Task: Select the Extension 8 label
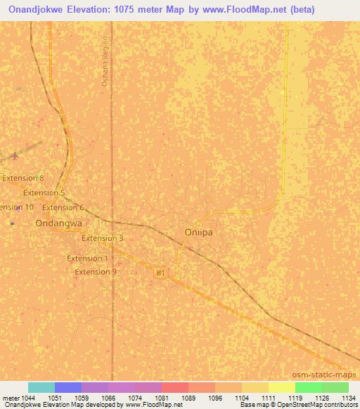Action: click(22, 178)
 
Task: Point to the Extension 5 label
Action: click(44, 193)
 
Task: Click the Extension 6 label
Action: click(63, 207)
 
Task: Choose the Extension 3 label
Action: click(102, 238)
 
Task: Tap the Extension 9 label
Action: click(96, 272)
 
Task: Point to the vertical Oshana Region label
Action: click(105, 61)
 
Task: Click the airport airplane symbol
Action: click(15, 156)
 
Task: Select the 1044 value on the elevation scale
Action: click(28, 398)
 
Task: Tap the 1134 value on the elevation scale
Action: click(348, 398)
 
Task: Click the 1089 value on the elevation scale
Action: click(188, 398)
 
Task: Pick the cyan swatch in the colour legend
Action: click(41, 387)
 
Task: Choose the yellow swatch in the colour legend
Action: click(282, 387)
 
